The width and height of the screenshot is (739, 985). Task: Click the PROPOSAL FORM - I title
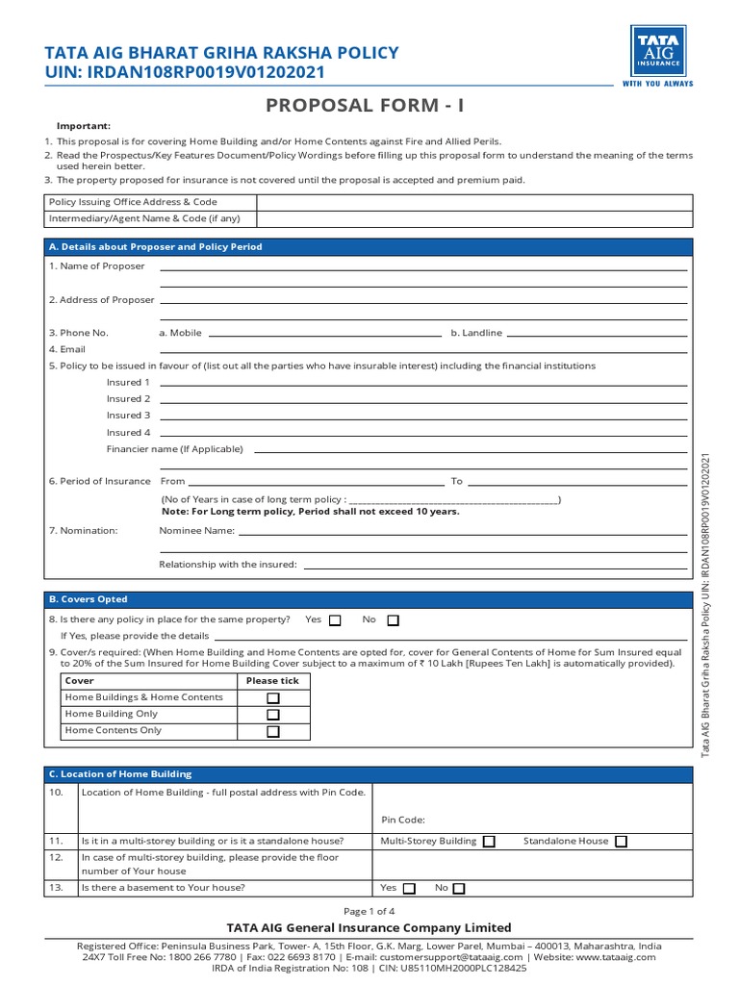369,105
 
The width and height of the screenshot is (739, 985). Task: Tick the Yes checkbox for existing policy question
335,620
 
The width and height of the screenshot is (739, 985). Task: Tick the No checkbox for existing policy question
393,620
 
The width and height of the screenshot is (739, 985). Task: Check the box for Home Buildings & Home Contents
273,698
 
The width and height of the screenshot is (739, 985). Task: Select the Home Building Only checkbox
273,715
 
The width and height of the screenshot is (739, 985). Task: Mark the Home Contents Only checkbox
273,731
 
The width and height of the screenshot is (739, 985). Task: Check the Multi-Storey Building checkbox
489,842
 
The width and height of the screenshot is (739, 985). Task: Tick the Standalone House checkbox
621,842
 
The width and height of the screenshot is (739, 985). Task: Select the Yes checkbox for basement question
410,889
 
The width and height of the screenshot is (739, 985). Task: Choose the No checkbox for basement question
459,889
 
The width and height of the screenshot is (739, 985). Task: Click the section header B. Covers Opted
89,599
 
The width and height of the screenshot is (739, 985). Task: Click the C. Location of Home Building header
120,773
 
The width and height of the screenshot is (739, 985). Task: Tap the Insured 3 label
129,416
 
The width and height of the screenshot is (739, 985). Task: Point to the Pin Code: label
402,821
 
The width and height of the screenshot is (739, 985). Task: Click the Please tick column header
272,681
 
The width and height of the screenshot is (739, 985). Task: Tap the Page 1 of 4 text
369,911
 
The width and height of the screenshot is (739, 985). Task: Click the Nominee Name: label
196,530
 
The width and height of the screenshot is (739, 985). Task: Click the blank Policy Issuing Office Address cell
472,202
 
